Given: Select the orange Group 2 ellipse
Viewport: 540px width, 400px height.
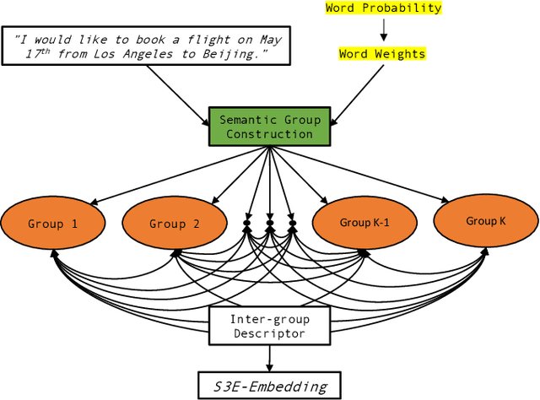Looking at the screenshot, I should tap(174, 224).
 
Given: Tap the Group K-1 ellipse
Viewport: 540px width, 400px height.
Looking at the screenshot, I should tap(364, 223).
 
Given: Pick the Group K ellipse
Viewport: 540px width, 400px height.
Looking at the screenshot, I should tap(485, 221).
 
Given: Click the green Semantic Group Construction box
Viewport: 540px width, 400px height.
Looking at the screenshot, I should tap(269, 127).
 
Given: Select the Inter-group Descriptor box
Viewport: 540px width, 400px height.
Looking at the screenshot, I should tap(269, 326).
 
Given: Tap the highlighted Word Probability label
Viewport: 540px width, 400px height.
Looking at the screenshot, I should tap(384, 8).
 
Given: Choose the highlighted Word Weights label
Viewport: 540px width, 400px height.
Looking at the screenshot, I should tap(382, 54).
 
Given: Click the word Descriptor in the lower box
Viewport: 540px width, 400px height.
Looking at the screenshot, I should tap(269, 333).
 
